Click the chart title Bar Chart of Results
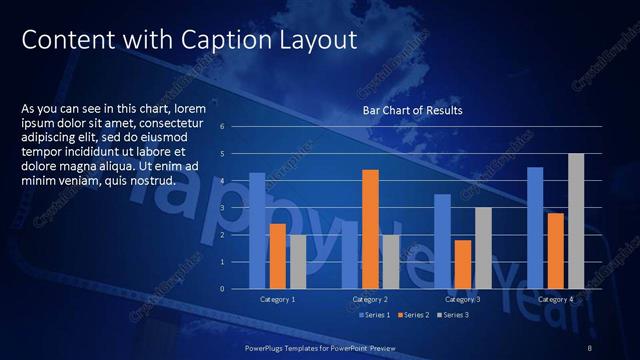tap(412, 110)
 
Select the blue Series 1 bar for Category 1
tap(257, 230)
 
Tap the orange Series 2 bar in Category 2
tap(370, 228)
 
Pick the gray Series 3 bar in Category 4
tap(575, 220)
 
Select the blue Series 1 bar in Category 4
tap(535, 227)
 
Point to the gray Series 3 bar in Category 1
tap(297, 261)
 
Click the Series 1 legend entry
tap(375, 315)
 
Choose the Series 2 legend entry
tap(415, 315)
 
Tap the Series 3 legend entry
tap(455, 315)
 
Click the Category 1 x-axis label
tap(277, 299)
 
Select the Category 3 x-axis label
tap(463, 299)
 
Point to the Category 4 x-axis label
tap(555, 299)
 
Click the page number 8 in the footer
tap(590, 347)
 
